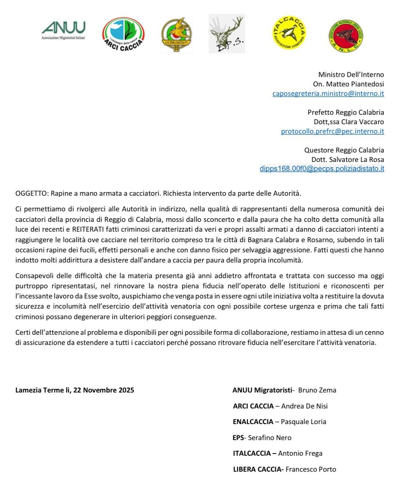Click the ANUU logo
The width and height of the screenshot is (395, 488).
click(x=63, y=30)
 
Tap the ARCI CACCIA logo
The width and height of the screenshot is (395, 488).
click(x=123, y=35)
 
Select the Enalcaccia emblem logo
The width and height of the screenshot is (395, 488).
click(x=176, y=35)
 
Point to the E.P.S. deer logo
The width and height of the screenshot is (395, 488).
click(x=227, y=34)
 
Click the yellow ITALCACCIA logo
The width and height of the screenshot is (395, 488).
click(x=289, y=32)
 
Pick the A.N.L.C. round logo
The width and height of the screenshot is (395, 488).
click(x=346, y=36)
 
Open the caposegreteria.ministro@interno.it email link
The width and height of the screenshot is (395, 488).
click(x=328, y=93)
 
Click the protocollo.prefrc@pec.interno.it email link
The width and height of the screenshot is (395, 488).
click(x=332, y=131)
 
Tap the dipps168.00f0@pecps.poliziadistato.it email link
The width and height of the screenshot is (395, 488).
click(x=322, y=168)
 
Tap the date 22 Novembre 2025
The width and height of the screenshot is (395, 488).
click(x=104, y=390)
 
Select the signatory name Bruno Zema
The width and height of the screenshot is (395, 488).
click(x=317, y=390)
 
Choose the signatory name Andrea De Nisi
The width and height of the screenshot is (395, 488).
click(x=304, y=406)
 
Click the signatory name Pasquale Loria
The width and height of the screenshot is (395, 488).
click(x=303, y=422)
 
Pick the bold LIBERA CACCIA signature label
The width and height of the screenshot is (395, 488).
click(x=258, y=469)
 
